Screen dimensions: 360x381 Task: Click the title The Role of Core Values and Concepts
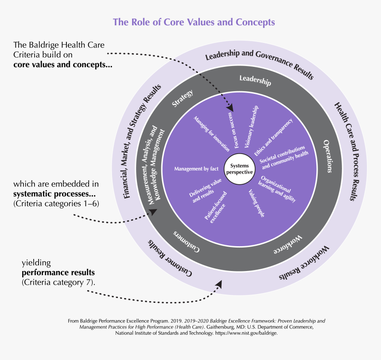(x=194, y=22)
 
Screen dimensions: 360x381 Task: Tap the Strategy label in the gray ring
(x=183, y=98)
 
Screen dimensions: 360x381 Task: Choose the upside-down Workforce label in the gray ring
(x=288, y=244)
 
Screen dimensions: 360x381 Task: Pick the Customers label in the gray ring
(x=186, y=241)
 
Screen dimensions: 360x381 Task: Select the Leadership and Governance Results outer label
(x=259, y=64)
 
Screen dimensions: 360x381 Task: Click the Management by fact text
(x=196, y=169)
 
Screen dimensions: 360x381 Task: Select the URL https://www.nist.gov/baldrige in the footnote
(x=246, y=333)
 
